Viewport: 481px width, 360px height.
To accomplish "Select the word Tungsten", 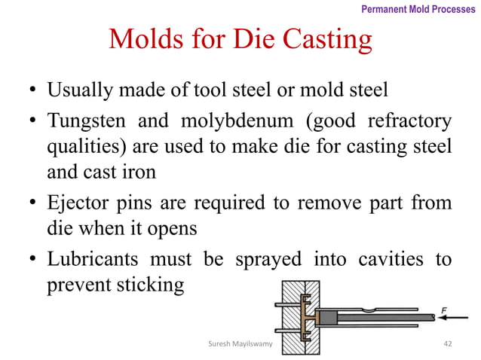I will (x=84, y=122).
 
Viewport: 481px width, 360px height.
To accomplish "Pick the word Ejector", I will (x=78, y=203).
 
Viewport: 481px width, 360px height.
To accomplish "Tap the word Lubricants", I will (x=93, y=259).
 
